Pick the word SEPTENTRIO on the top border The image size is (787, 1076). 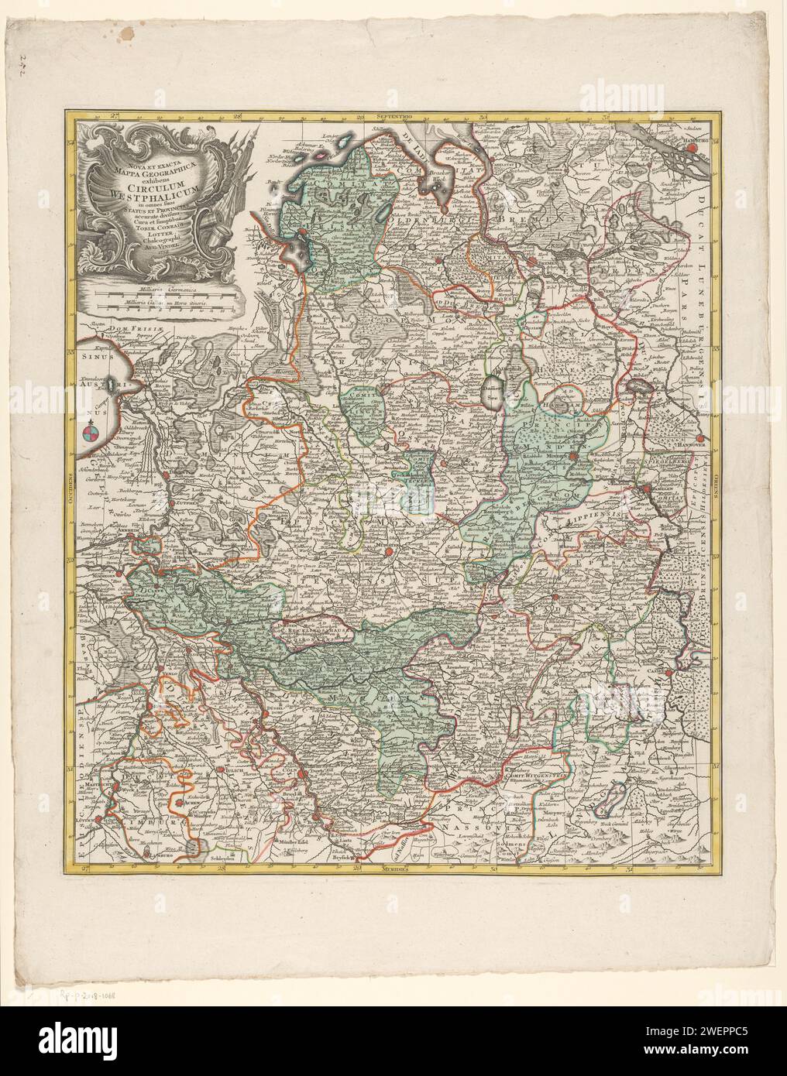pyautogui.click(x=393, y=115)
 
